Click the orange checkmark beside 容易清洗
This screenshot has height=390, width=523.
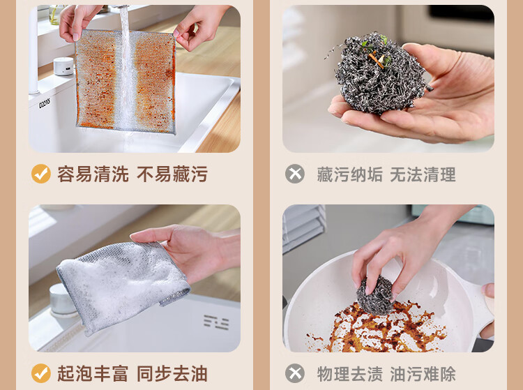[41, 174]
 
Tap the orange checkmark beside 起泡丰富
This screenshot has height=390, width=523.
[41, 373]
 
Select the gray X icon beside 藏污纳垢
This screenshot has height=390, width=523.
[295, 174]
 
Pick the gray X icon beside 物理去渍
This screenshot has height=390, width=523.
[295, 373]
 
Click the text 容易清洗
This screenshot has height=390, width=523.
[93, 174]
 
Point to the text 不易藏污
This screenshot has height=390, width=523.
[172, 174]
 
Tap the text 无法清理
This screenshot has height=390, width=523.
[423, 174]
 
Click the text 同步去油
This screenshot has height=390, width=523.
[172, 373]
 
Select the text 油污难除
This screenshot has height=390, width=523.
[423, 374]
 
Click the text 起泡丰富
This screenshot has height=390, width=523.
[93, 373]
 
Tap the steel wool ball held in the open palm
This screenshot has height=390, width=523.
[380, 73]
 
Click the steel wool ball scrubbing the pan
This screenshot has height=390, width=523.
[375, 296]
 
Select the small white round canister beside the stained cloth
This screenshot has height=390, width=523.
[63, 66]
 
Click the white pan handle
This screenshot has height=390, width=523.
[480, 307]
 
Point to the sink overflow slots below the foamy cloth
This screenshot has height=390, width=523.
[216, 322]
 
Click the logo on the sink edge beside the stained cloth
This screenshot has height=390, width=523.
[45, 103]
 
